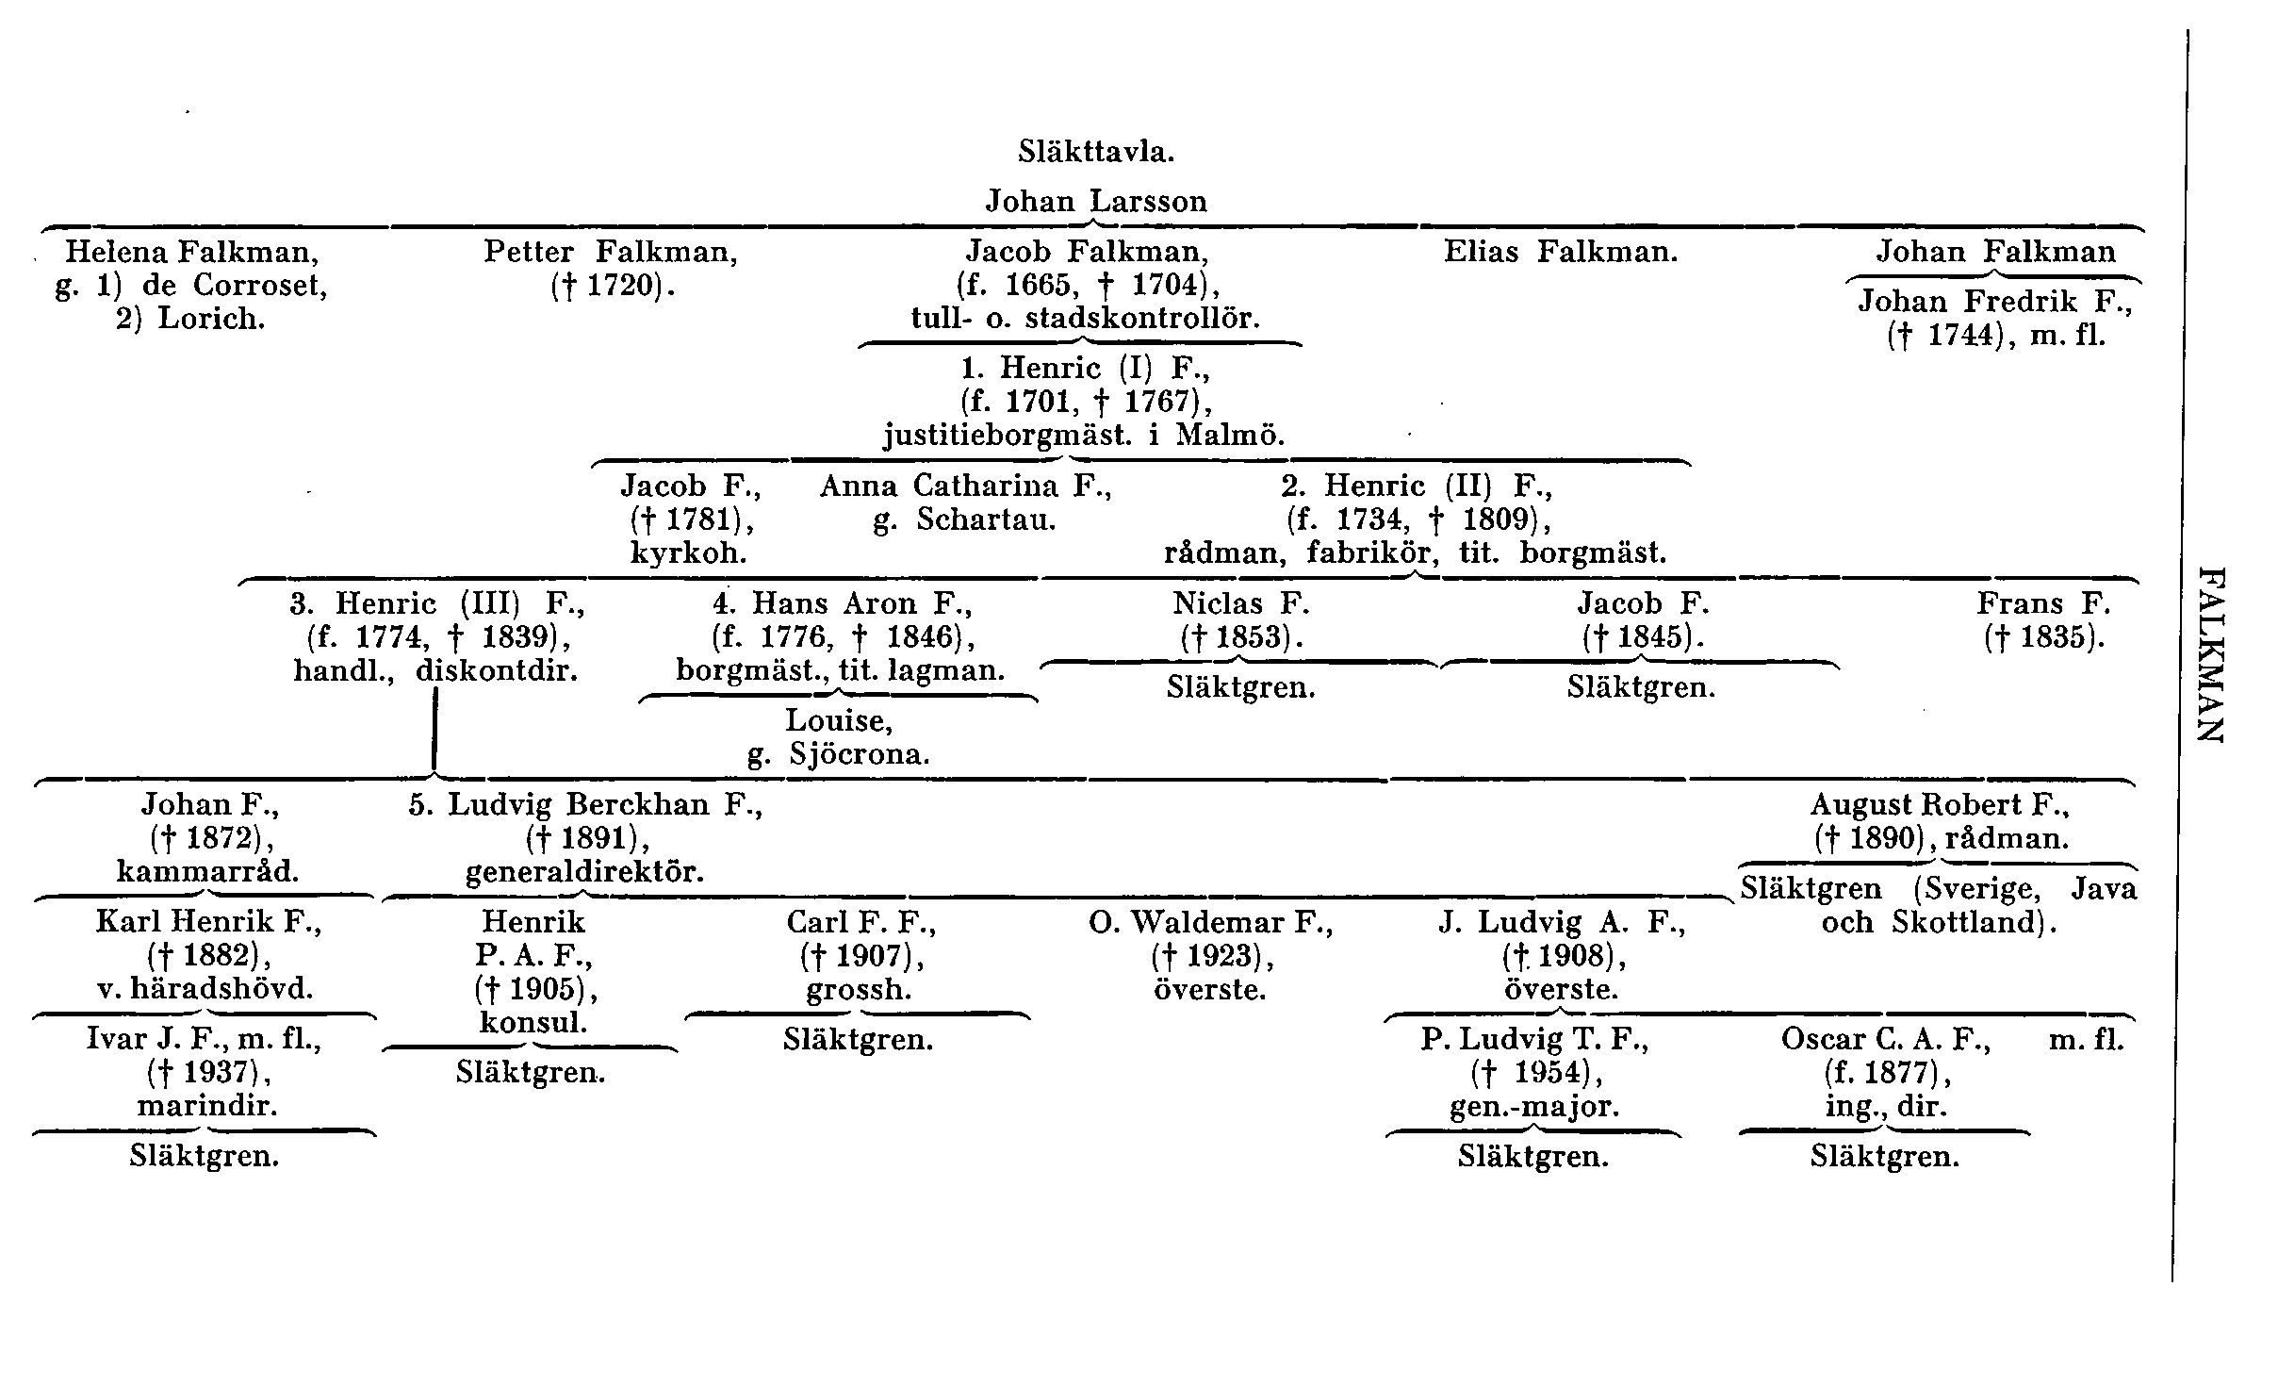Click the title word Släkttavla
[1096, 152]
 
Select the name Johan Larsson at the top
[1096, 202]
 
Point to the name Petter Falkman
[610, 252]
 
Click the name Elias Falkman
[1561, 252]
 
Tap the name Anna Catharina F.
[965, 486]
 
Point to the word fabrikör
[1372, 552]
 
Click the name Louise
[839, 721]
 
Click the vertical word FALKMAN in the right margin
[2211, 654]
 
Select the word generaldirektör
[584, 872]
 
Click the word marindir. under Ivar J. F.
[207, 1106]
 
